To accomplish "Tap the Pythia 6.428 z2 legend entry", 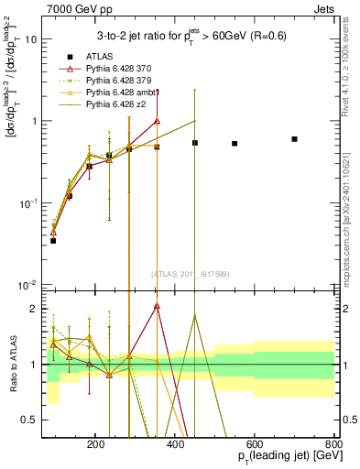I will click(110, 104).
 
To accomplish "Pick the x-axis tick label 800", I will click(334, 443).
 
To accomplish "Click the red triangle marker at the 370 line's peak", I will click(157, 121).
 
